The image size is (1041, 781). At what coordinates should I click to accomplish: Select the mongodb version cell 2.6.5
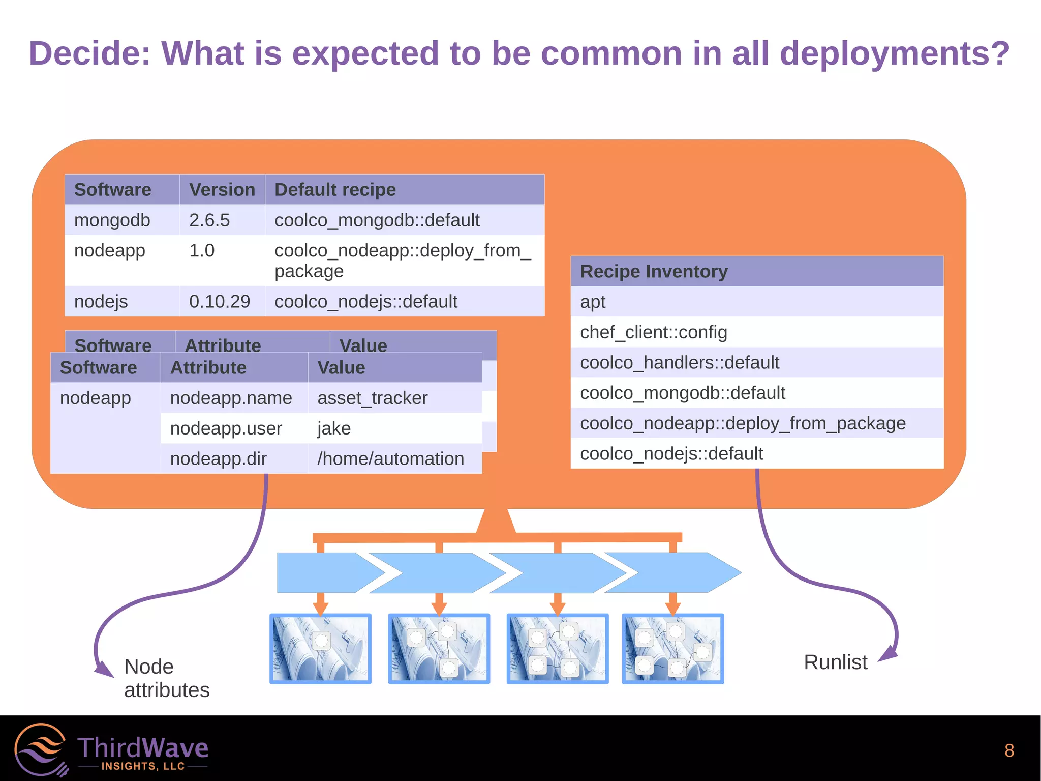pyautogui.click(x=209, y=220)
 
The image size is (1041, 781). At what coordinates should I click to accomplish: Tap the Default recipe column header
pyautogui.click(x=335, y=190)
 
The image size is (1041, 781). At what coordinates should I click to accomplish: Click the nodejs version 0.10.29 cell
pyautogui.click(x=220, y=302)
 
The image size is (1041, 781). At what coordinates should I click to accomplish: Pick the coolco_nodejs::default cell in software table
pyautogui.click(x=366, y=302)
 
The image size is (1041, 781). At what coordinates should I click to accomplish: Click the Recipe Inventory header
pyautogui.click(x=654, y=272)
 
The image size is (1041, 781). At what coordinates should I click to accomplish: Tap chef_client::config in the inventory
pyautogui.click(x=654, y=332)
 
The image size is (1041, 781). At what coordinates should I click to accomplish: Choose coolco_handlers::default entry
pyautogui.click(x=680, y=363)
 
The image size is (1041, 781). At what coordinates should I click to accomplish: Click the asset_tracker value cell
pyautogui.click(x=373, y=398)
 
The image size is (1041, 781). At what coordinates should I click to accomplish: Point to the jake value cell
pyautogui.click(x=334, y=428)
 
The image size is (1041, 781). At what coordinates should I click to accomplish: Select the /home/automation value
pyautogui.click(x=390, y=459)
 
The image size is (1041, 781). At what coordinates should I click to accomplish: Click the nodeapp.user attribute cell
pyautogui.click(x=226, y=428)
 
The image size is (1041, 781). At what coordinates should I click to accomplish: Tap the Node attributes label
pyautogui.click(x=166, y=678)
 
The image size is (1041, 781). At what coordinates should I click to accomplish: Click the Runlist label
pyautogui.click(x=835, y=662)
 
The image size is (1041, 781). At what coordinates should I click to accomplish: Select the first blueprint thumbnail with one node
pyautogui.click(x=320, y=649)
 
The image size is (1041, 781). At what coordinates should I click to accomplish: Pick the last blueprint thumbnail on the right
pyautogui.click(x=672, y=649)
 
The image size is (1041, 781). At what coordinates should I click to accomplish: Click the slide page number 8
pyautogui.click(x=1009, y=750)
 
